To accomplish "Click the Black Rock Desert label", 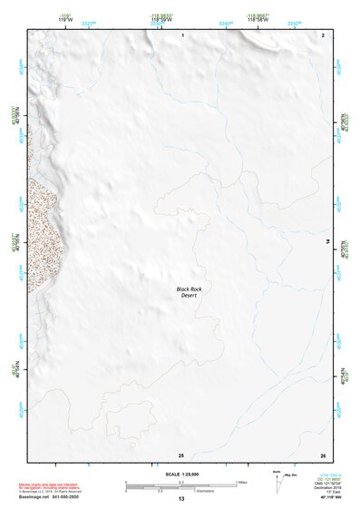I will coord(189,292).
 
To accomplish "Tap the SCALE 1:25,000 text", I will coord(180,473).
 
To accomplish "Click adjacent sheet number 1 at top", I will coord(182,34).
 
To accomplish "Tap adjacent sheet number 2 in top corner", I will coord(324,34).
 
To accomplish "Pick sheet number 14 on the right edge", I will coord(327,242).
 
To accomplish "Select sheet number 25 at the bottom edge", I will coord(181,454).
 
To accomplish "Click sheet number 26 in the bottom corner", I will coord(323,454).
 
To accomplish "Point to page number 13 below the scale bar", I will coord(181,499).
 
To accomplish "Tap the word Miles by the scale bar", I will coord(243,482).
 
